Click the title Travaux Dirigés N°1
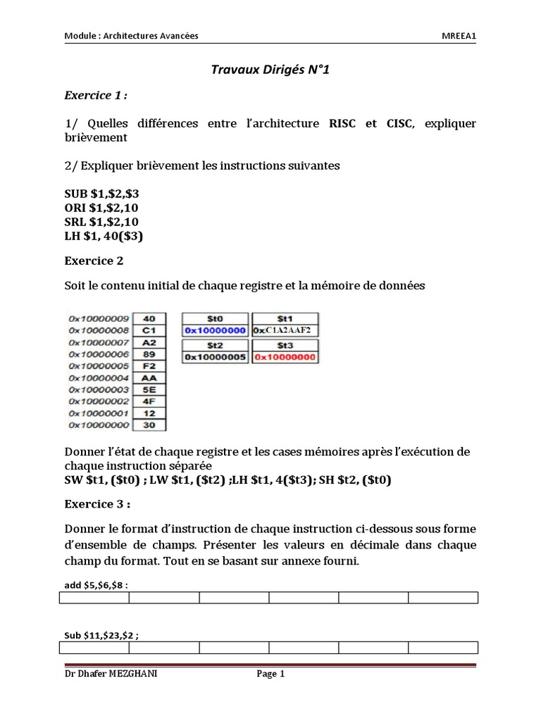(x=270, y=70)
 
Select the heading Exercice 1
(x=97, y=95)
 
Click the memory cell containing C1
(x=149, y=330)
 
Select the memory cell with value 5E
(x=149, y=389)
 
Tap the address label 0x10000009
(x=98, y=318)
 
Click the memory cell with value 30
(x=149, y=425)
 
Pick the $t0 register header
(x=215, y=318)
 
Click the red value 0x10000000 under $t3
(x=285, y=357)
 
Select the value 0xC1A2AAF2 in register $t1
(x=285, y=330)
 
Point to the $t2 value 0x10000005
(x=215, y=357)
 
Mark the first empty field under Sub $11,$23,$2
(x=94, y=647)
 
